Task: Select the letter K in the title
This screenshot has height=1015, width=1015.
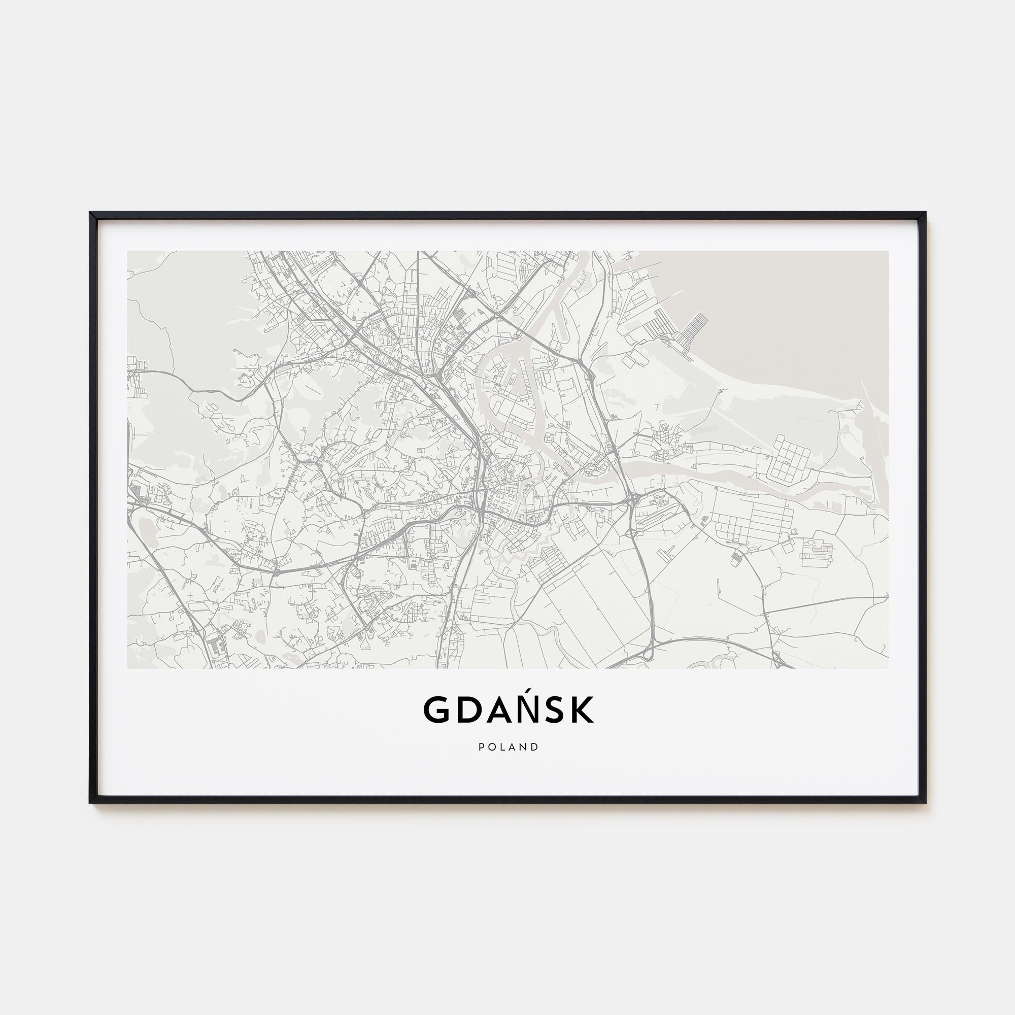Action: coord(582,710)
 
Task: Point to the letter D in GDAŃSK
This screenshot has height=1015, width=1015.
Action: coord(465,710)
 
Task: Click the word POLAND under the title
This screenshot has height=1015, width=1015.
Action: coord(508,747)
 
